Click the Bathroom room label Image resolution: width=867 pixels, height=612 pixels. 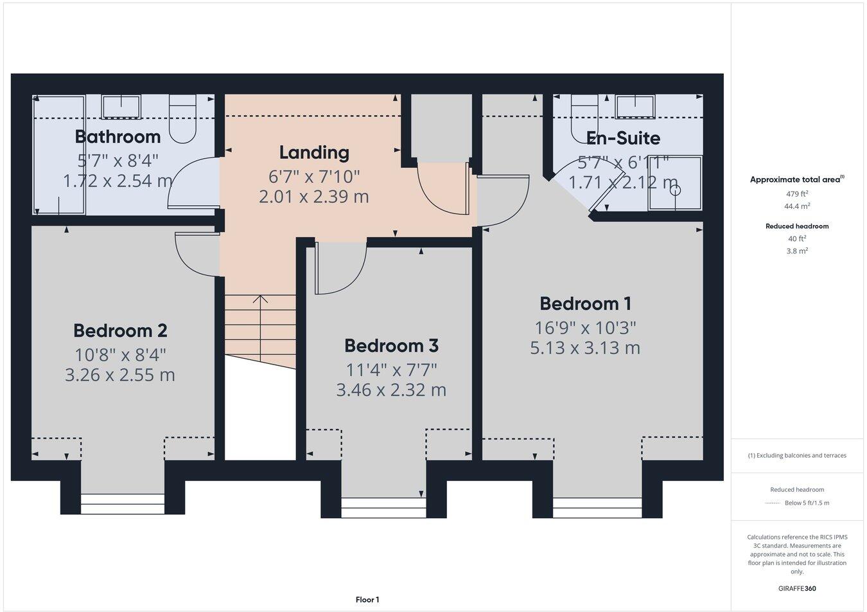(x=118, y=136)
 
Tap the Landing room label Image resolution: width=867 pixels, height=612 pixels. (x=314, y=152)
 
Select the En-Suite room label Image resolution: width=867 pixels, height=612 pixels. (x=623, y=138)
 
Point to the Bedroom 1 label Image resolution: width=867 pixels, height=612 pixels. (x=585, y=303)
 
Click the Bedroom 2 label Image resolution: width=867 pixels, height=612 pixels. (x=120, y=330)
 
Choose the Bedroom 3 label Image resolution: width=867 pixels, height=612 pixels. (x=391, y=346)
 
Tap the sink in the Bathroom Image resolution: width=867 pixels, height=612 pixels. (x=121, y=107)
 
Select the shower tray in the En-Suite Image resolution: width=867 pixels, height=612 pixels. (x=675, y=183)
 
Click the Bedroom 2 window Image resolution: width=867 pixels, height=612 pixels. (x=123, y=503)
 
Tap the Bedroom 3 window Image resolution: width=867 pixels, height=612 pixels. (x=383, y=507)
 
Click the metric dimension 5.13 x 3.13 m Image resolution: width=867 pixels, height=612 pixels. (x=585, y=348)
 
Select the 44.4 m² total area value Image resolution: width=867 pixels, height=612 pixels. (x=797, y=206)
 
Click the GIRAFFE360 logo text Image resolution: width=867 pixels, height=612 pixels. (x=797, y=588)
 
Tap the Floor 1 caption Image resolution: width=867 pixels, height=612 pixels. (x=367, y=600)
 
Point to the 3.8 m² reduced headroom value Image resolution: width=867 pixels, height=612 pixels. (x=797, y=251)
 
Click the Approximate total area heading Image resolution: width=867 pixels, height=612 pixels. (x=796, y=180)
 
